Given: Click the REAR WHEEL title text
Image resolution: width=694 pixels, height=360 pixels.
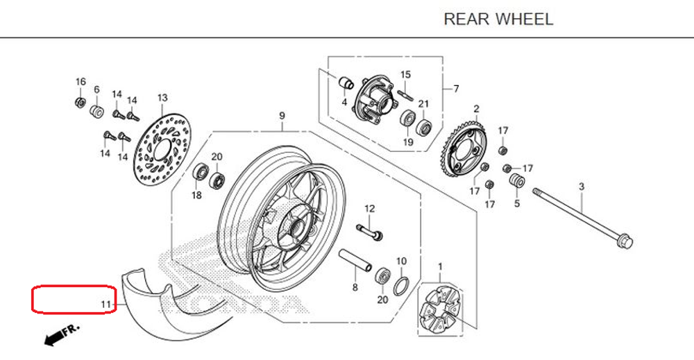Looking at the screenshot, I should (498, 19).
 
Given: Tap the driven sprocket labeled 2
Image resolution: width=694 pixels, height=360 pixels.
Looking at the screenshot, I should (470, 147).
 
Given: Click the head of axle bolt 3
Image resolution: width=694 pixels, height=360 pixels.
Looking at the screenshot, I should (625, 241).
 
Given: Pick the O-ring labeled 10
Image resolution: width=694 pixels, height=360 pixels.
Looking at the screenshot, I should (401, 285).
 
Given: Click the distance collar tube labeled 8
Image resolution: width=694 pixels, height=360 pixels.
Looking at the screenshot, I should (354, 264).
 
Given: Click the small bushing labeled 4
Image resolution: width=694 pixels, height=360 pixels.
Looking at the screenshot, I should (344, 84).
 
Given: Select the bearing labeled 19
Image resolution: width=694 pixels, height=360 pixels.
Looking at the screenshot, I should (407, 117).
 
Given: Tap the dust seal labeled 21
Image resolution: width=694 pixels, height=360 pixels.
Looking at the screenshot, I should (423, 128).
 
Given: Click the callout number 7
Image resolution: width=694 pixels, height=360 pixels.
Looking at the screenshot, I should (456, 89).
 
